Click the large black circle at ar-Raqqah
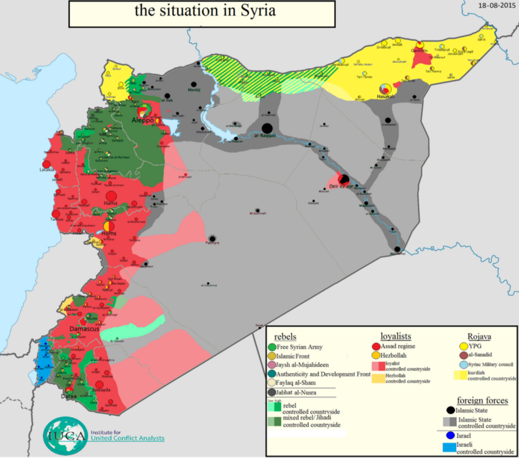coord(267,128)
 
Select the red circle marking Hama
coord(110,195)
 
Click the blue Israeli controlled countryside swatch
coord(448,447)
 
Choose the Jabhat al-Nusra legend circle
coord(271,392)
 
